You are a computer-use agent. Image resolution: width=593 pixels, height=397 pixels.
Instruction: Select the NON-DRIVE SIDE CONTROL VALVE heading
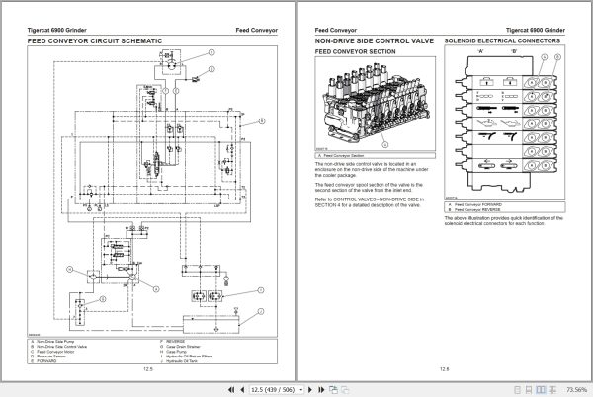pyautogui.click(x=375, y=41)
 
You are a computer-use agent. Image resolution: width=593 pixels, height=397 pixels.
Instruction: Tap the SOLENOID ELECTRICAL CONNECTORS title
pyautogui.click(x=503, y=41)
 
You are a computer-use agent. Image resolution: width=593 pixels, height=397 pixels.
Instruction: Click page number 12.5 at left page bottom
pyautogui.click(x=146, y=370)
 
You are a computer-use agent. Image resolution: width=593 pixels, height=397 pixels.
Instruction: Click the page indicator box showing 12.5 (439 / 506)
pyautogui.click(x=287, y=388)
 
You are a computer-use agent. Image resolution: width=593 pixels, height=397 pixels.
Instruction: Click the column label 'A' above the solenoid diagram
pyautogui.click(x=479, y=51)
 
